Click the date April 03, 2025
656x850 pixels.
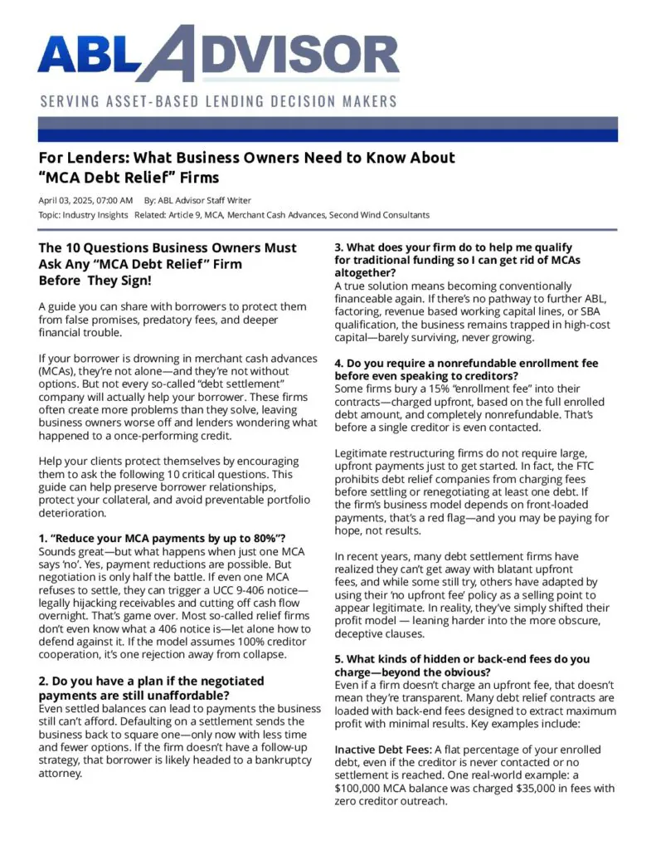[67, 200]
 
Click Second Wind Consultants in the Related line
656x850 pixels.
[379, 215]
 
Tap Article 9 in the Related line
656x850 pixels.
[191, 215]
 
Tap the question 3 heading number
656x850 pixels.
[338, 247]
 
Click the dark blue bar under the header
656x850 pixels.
[328, 130]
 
